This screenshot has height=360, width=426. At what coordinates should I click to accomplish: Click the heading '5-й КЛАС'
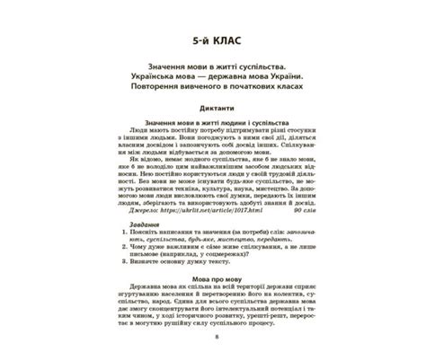212,41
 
